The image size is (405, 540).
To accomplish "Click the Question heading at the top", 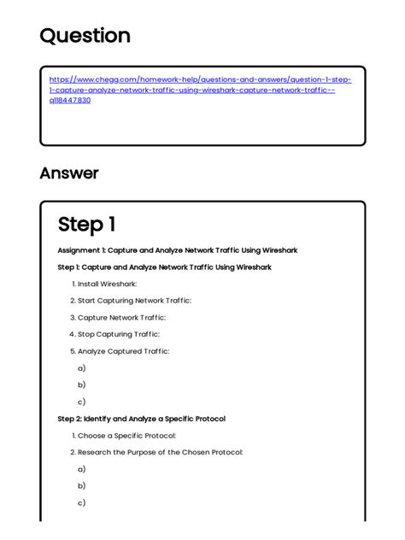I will coord(85,36).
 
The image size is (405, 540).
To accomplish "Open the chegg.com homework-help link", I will coord(200,90).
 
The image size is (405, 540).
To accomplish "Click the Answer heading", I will coord(69,173).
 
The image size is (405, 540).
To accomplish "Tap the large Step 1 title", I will coord(86,225).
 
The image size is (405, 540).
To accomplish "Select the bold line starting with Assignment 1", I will coord(177,250).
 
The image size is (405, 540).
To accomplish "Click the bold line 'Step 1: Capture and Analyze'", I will coord(164,267).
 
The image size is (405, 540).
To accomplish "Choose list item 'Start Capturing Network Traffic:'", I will coord(134,301).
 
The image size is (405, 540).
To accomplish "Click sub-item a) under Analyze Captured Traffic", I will coord(81,367).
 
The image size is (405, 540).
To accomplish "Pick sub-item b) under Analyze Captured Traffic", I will coord(81,384).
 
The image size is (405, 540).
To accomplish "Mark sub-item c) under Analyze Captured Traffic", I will coord(81,402).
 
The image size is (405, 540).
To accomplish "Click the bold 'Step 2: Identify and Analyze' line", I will coord(141,419).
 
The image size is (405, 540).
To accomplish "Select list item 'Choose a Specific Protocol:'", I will coord(126,436).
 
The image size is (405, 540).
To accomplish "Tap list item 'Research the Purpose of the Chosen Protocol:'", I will coord(160,452).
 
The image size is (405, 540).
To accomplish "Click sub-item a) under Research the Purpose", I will coord(81,469).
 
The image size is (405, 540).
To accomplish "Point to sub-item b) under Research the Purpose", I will coord(81,486).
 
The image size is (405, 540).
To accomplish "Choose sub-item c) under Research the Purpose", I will coord(81,503).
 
